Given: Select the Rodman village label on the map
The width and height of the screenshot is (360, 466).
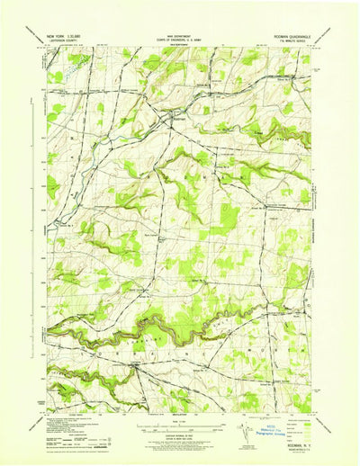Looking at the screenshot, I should point(155,118).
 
